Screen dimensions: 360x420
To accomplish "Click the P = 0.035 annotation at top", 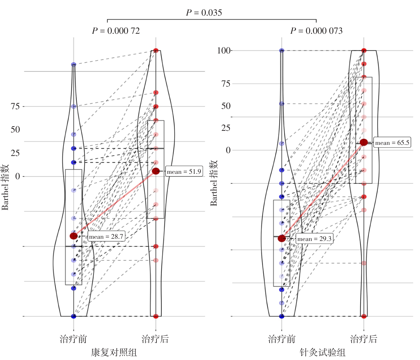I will point(204,13).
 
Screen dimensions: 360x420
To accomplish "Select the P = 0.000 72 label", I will point(116,31).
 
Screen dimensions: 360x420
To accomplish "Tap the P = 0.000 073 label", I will point(316,31).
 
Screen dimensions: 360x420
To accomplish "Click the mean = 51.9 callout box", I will point(184,172).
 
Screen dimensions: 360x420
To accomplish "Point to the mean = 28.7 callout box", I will point(106,236).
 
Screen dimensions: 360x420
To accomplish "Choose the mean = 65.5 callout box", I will point(392,143).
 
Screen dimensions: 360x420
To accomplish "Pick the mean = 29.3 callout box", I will point(314,239).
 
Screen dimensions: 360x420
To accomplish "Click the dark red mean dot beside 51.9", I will point(156,171).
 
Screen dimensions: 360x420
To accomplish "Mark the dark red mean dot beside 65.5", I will point(364,142).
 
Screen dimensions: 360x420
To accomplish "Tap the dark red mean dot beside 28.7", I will point(74,236).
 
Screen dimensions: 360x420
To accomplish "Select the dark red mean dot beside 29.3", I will point(282,238).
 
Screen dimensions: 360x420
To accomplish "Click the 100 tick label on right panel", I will point(224,51).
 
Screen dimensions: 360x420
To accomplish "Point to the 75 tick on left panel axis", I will point(15,106).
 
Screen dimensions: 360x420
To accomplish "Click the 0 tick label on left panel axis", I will point(18,176).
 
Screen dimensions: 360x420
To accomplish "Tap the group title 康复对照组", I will point(114,352).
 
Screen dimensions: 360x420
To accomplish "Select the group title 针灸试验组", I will point(322,352).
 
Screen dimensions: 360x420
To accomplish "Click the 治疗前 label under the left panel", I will point(73,339).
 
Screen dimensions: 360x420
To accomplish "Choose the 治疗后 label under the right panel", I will point(364,339).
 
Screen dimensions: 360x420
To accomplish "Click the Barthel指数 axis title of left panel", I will point(5,187).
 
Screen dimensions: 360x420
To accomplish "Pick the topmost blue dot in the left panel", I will point(74,65).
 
